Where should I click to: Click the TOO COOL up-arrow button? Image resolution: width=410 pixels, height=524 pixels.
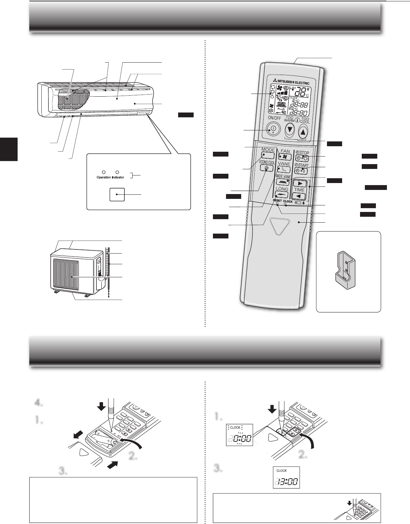303,131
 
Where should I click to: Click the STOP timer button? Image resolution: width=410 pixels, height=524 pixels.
302,158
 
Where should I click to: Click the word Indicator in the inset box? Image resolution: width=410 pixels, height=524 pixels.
118,178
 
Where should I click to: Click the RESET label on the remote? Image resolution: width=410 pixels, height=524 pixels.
277,201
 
